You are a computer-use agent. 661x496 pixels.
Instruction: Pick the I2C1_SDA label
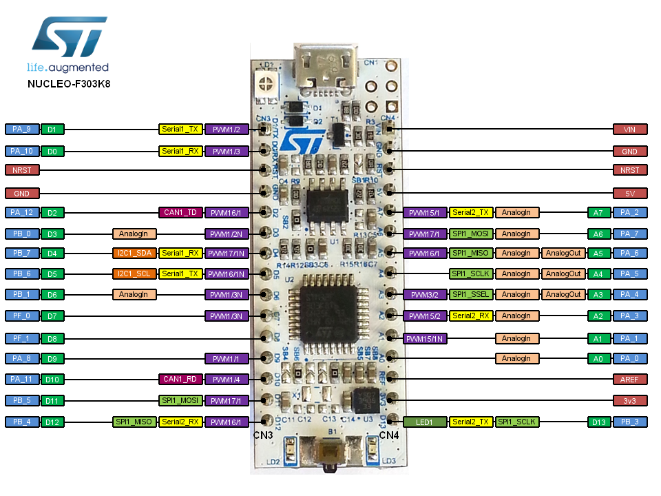134,253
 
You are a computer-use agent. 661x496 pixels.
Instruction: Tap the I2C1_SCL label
134,274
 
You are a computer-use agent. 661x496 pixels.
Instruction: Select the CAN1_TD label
180,213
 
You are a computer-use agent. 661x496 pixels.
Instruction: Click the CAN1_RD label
180,379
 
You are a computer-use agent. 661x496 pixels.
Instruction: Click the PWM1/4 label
226,379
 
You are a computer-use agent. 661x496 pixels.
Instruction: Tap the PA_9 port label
21,129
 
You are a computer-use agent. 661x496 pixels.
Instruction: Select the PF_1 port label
21,338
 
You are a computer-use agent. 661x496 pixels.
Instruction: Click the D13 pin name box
598,422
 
